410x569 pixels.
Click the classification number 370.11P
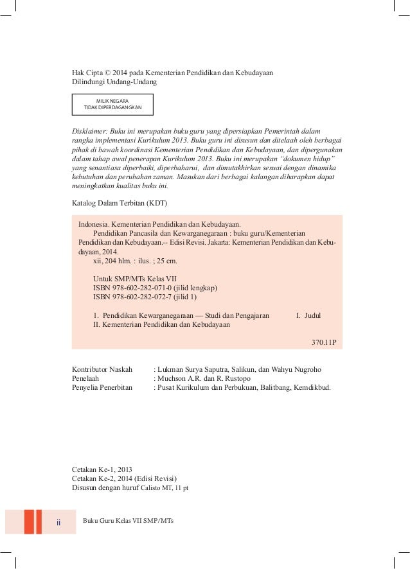point(324,343)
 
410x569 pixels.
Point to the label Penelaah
point(85,379)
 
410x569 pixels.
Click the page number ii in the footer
point(58,521)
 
